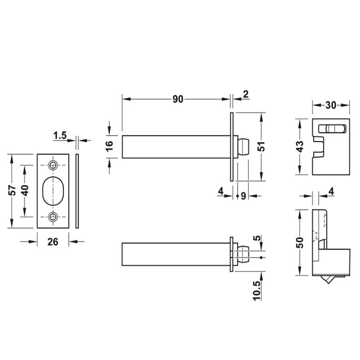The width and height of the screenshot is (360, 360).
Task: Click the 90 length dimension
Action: [x=178, y=99]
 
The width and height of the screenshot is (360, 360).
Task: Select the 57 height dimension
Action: [x=12, y=190]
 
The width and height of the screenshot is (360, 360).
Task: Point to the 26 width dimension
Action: [x=53, y=242]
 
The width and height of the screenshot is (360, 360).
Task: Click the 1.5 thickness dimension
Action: [x=60, y=135]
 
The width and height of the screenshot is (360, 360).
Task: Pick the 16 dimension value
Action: [x=109, y=146]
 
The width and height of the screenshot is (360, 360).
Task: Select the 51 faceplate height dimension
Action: [x=261, y=147]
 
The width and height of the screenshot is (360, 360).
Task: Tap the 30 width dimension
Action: [x=331, y=105]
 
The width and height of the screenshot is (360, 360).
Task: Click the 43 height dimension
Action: [x=300, y=146]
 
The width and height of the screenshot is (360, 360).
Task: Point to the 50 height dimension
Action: [x=300, y=243]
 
